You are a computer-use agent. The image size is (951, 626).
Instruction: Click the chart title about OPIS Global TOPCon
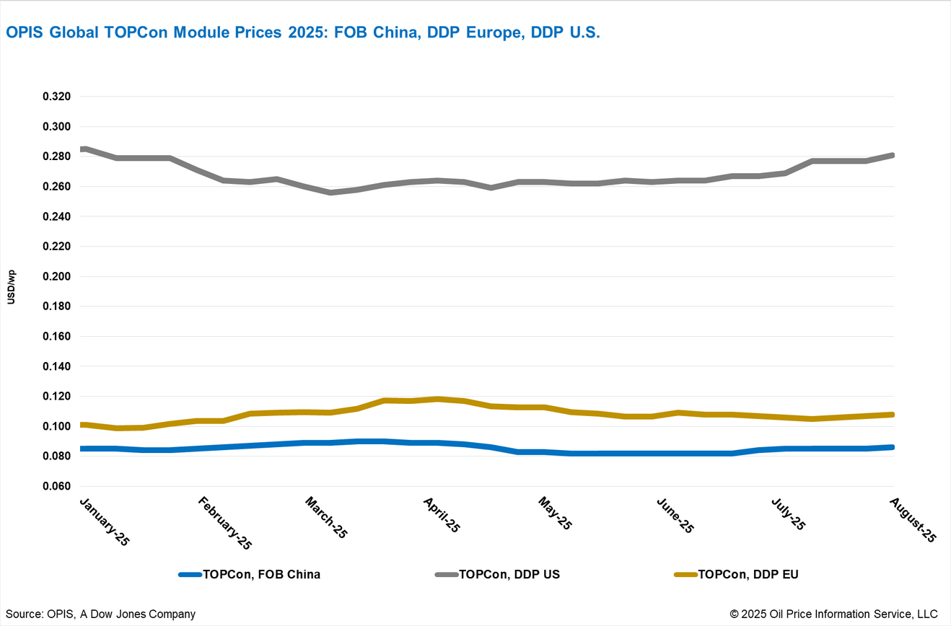pyautogui.click(x=303, y=32)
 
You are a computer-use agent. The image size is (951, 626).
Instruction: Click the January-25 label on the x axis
pyautogui.click(x=102, y=521)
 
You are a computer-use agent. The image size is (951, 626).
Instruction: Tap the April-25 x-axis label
pyautogui.click(x=441, y=513)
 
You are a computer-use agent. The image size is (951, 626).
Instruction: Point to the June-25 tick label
pyautogui.click(x=675, y=514)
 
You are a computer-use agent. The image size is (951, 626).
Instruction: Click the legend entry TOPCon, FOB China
pyautogui.click(x=261, y=575)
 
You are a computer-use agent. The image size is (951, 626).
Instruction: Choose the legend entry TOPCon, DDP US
pyautogui.click(x=509, y=575)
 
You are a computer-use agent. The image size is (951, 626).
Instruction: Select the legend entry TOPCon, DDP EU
pyautogui.click(x=748, y=575)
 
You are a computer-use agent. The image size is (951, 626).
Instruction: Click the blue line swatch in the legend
pyautogui.click(x=190, y=575)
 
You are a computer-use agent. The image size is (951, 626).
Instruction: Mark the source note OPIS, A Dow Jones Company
pyautogui.click(x=101, y=614)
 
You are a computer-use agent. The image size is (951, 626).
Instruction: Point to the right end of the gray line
pyautogui.click(x=893, y=155)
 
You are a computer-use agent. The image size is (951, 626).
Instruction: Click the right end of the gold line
pyautogui.click(x=893, y=415)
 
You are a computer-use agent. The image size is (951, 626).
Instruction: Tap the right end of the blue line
pyautogui.click(x=893, y=447)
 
